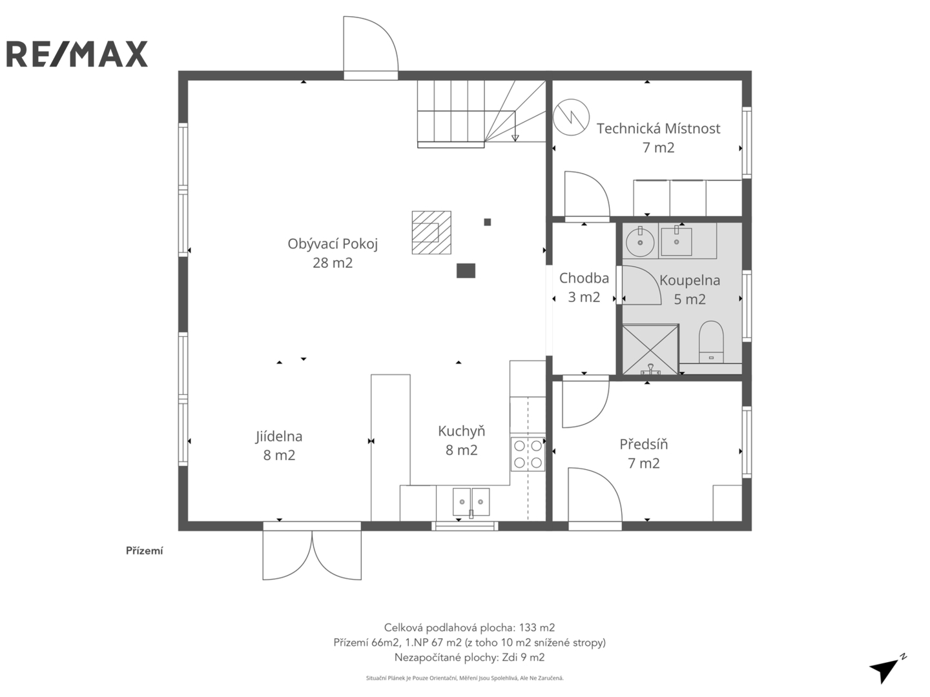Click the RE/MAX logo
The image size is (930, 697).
(x=77, y=54)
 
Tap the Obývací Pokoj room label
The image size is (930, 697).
(x=333, y=253)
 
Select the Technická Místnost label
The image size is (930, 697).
(x=658, y=137)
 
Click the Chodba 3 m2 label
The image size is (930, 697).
(x=584, y=287)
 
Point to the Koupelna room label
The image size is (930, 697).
(x=690, y=290)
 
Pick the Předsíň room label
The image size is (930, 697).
(x=644, y=454)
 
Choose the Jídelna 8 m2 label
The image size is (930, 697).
(x=279, y=445)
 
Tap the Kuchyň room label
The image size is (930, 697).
(x=461, y=441)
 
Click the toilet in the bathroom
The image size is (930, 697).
(x=710, y=342)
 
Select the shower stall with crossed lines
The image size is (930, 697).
(x=650, y=350)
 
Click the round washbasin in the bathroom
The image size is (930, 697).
(x=640, y=241)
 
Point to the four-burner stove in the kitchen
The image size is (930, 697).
(x=528, y=454)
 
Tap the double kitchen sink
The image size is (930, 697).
(x=471, y=502)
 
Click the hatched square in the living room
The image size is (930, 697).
(x=431, y=232)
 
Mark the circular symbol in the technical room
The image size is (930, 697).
(x=571, y=117)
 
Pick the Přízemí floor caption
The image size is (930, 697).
(x=144, y=551)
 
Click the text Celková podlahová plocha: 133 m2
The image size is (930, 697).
(x=470, y=627)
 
